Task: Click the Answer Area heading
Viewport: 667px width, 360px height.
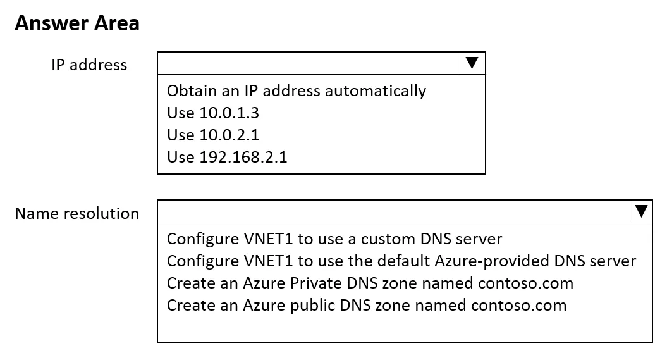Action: pos(77,23)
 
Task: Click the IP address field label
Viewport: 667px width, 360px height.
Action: pos(89,65)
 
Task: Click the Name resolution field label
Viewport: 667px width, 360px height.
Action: pos(77,213)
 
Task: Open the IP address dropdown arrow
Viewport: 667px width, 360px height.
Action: pos(472,63)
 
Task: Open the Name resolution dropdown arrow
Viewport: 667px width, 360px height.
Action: pos(641,211)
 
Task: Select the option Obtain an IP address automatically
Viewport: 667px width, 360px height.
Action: pos(297,90)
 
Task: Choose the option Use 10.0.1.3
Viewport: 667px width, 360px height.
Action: pos(213,113)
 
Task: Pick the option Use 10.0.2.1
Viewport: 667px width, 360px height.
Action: pos(213,135)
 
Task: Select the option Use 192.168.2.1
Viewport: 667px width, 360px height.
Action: pos(227,157)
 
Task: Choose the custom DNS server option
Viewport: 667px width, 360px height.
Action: pos(334,239)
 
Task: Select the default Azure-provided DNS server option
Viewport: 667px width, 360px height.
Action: pos(401,261)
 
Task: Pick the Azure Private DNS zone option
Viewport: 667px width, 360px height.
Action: pos(370,283)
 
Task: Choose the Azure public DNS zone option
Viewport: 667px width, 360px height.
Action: pos(367,305)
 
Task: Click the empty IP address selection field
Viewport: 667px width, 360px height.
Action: pos(309,63)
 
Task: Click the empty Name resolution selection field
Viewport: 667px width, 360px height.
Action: pos(394,211)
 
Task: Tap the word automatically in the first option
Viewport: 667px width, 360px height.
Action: pos(375,91)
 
